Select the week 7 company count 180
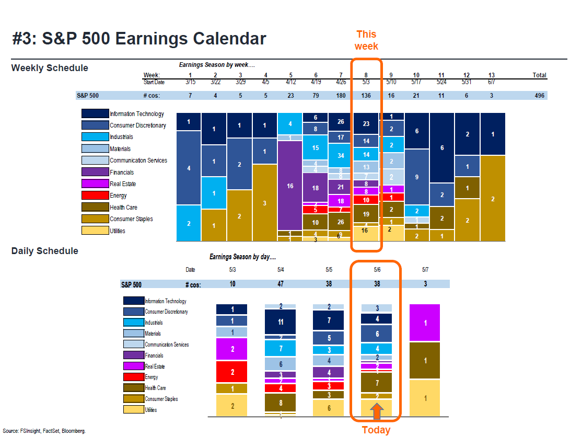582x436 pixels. tap(340, 96)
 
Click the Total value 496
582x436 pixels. tap(539, 96)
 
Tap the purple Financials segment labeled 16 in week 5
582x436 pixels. tap(290, 186)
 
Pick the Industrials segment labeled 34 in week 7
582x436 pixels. tap(340, 155)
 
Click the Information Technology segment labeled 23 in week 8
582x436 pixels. tap(366, 124)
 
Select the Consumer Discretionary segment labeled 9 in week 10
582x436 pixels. tap(416, 177)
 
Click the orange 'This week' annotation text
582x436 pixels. tap(366, 40)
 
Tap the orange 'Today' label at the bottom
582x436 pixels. tap(376, 430)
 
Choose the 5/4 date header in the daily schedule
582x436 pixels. tap(281, 270)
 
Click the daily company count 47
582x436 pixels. tap(281, 284)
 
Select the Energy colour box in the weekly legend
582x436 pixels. tap(95, 196)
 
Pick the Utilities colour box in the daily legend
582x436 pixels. tap(133, 410)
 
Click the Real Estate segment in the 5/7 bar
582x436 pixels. tap(425, 323)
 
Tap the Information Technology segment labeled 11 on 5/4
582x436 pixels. tap(281, 322)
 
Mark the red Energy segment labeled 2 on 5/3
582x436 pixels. tap(232, 372)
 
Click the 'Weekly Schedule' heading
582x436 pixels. tap(50, 68)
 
